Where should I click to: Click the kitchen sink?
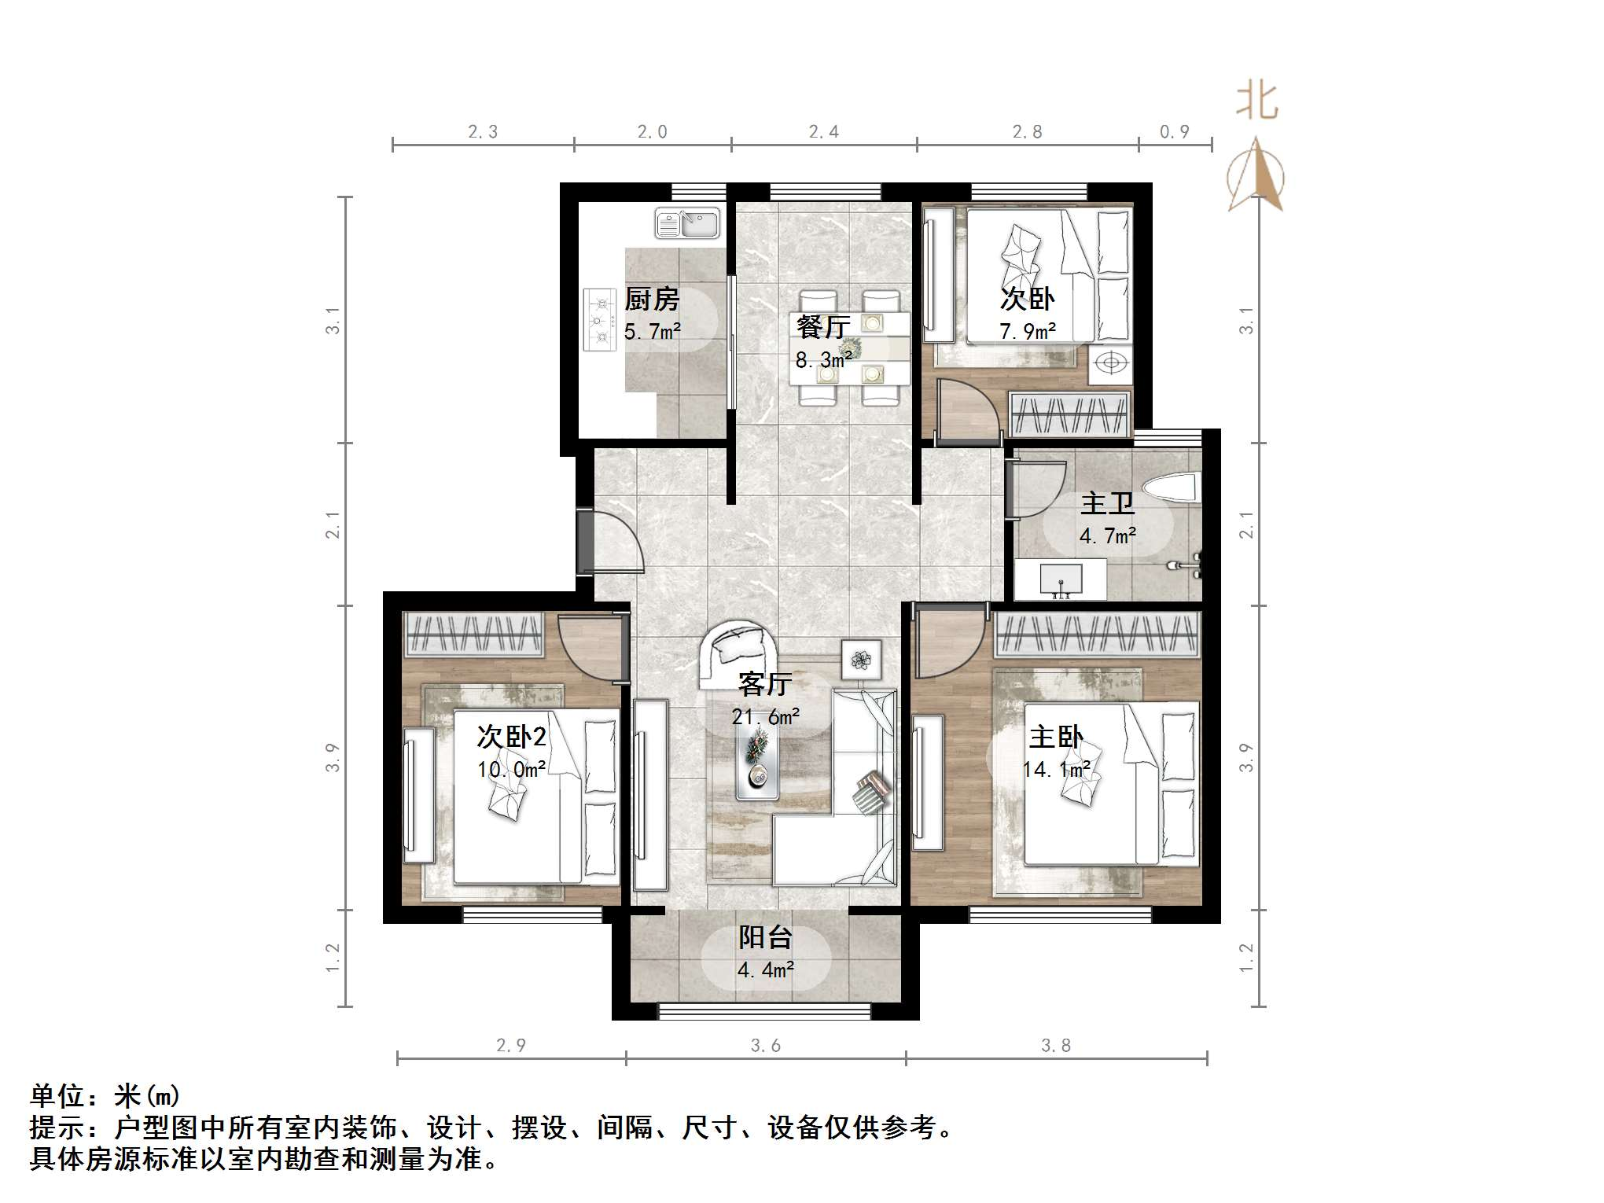(x=687, y=223)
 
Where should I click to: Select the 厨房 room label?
(x=651, y=300)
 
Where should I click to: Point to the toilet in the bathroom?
(x=1175, y=487)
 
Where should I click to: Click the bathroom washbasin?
(x=1061, y=580)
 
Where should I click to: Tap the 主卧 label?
(x=1055, y=738)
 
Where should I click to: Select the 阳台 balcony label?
(x=764, y=937)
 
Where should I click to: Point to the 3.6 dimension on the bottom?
(x=765, y=1046)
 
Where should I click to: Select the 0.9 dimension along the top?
(x=1175, y=132)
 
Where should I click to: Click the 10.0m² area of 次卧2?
(x=511, y=770)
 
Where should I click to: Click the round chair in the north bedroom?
(x=1110, y=363)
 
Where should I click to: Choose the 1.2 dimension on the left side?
(x=333, y=958)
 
